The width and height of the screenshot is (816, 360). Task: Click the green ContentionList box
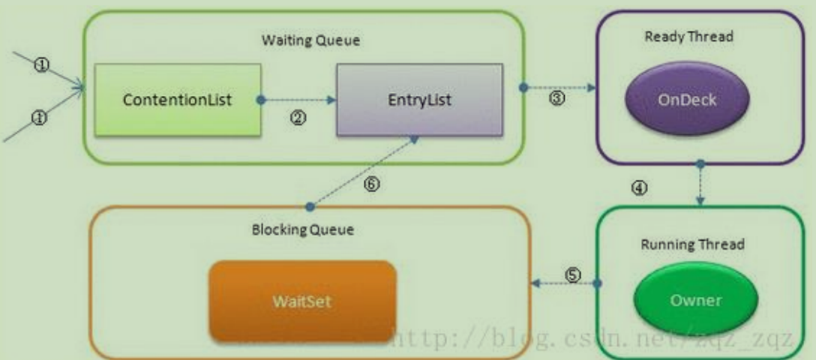click(178, 99)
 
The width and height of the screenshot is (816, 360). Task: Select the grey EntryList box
click(420, 100)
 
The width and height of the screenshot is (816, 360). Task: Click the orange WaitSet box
click(302, 301)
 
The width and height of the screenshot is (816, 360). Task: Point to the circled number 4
click(640, 187)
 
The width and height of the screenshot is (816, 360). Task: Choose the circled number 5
click(572, 275)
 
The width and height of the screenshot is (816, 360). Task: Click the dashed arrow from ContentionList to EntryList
click(297, 99)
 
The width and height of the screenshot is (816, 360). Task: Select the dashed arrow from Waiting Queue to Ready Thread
click(558, 88)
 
